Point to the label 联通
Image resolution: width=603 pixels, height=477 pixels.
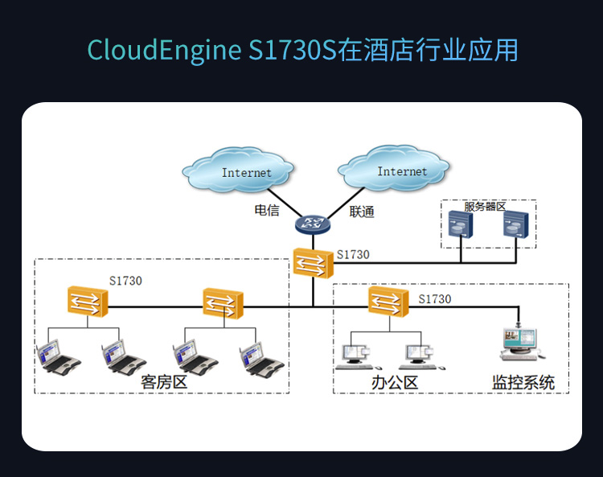(x=362, y=212)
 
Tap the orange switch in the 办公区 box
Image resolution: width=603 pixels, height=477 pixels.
(x=389, y=302)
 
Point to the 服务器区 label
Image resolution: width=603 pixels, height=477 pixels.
(x=485, y=207)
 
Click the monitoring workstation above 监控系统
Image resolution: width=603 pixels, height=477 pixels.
(x=520, y=343)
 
